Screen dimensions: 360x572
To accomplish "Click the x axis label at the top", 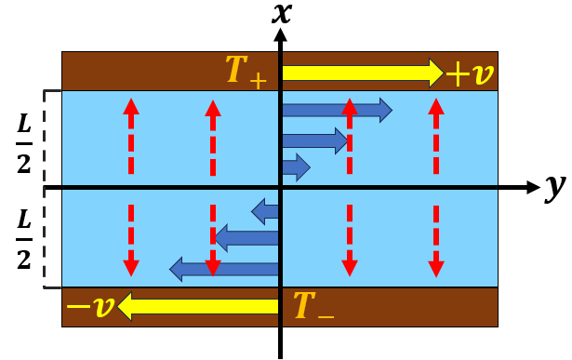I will coord(280,13).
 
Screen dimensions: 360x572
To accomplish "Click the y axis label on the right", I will coord(556,188).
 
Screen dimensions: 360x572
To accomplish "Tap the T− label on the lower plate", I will coord(311,306).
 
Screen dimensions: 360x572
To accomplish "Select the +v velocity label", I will coord(472,73).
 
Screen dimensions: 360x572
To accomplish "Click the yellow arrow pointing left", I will coord(200,307).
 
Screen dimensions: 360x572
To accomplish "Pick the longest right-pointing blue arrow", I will coord(336,111).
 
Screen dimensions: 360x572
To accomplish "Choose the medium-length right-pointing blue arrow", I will coord(314,140).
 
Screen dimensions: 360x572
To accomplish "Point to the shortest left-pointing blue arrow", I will coord(266,211).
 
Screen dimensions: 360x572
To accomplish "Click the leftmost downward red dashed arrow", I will coord(131,237).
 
